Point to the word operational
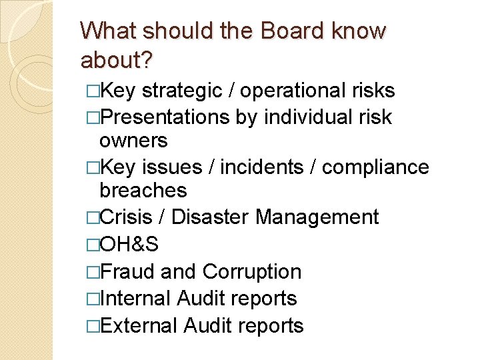(x=291, y=91)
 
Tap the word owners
(x=133, y=141)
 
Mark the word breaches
(x=143, y=191)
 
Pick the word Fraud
(x=129, y=271)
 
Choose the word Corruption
(x=251, y=271)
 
